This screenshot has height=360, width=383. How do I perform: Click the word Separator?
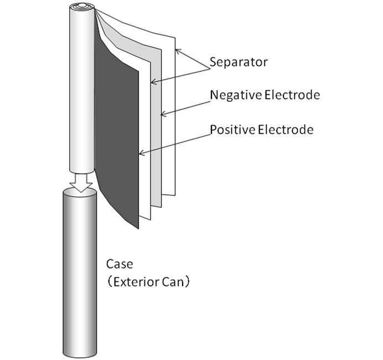click(x=239, y=63)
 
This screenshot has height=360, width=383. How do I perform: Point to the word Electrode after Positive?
click(x=286, y=130)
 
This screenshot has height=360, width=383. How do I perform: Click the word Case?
click(x=120, y=264)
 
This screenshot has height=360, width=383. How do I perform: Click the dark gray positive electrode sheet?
click(x=117, y=137)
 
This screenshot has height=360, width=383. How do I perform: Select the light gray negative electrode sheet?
click(x=156, y=127)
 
